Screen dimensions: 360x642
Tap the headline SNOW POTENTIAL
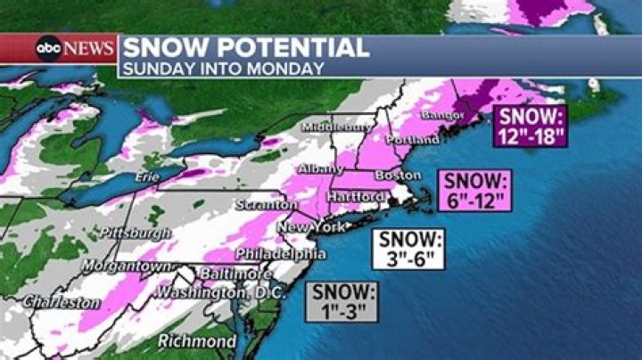click(x=245, y=47)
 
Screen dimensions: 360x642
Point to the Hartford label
click(x=357, y=196)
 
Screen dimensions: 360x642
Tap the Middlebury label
click(x=337, y=127)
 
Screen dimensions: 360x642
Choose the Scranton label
click(x=265, y=205)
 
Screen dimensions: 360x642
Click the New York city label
click(x=309, y=228)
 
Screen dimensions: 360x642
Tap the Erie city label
click(x=146, y=178)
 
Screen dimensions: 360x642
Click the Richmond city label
click(x=197, y=340)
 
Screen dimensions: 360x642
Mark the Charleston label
click(x=62, y=303)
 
